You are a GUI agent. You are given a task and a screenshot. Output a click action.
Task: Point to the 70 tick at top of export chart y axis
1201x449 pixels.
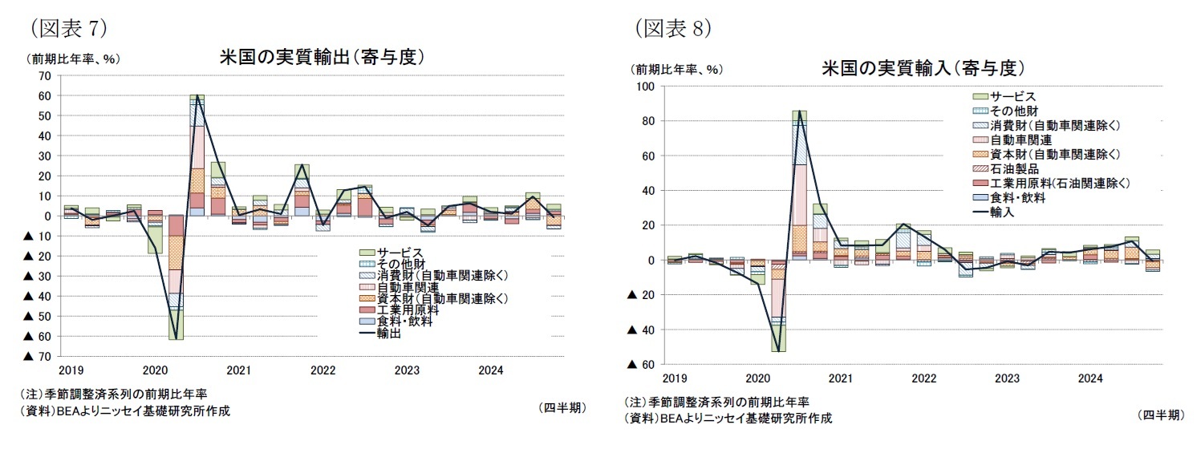tap(44, 75)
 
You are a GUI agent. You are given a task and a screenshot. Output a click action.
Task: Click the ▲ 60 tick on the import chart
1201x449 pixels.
tap(640, 365)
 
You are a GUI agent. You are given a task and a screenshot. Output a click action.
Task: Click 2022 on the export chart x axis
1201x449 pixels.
tap(323, 371)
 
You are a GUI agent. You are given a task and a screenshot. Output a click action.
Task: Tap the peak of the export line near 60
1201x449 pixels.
tap(197, 95)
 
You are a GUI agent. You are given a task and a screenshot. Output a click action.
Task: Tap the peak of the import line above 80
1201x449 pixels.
tap(799, 111)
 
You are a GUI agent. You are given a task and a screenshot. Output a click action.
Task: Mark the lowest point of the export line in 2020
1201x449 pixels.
tap(176, 338)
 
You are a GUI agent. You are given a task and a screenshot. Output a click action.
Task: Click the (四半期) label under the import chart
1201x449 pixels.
tap(1160, 415)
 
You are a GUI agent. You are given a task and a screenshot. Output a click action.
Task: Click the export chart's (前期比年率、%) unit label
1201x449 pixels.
tap(74, 59)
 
